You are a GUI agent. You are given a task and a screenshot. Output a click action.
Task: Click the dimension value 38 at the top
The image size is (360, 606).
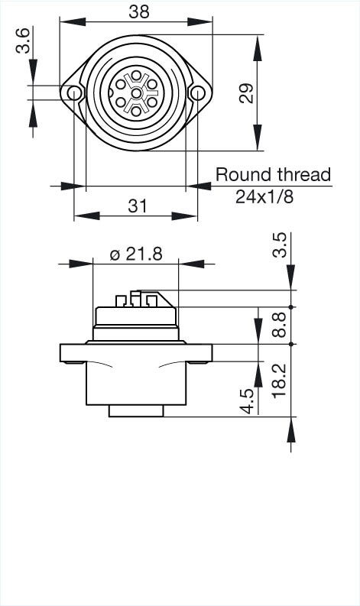coord(139,11)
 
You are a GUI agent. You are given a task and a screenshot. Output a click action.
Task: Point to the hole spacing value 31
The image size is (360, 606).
coord(137,206)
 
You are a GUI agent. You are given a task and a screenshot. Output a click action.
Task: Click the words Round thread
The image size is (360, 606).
coord(273,175)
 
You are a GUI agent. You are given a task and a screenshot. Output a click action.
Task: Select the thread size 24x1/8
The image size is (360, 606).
coord(264,196)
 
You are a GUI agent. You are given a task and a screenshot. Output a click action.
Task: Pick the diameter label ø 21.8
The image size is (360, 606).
coord(136,254)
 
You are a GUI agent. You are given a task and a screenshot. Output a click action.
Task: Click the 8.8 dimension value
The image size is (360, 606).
coord(280,325)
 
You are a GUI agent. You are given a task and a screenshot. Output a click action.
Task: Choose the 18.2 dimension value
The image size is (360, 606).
coord(280,379)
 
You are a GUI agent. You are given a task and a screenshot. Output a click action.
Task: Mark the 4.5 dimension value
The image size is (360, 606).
coord(247,402)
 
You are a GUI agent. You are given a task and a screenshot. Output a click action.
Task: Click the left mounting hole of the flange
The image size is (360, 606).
coord(74,93)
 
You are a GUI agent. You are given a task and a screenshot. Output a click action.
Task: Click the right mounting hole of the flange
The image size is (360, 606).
coord(198,93)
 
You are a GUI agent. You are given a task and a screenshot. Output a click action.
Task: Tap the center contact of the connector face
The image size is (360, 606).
coord(136,93)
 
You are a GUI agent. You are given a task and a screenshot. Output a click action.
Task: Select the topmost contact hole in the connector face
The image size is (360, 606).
coord(136,76)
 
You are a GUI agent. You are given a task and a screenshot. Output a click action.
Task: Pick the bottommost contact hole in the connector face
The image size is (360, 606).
coord(136,111)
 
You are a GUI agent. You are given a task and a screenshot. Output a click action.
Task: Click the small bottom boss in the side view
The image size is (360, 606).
coord(136,410)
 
